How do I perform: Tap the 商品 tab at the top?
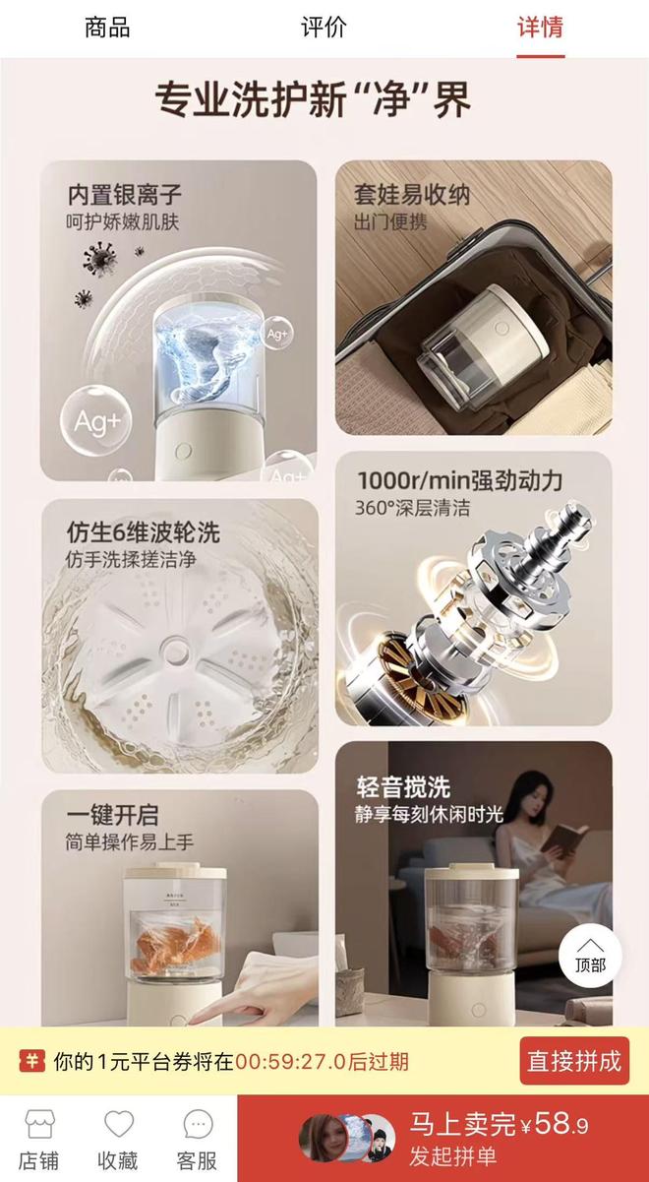pyautogui.click(x=107, y=28)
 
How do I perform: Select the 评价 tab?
pyautogui.click(x=324, y=28)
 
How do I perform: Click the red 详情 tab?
pyautogui.click(x=540, y=28)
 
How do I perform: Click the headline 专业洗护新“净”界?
pyautogui.click(x=314, y=99)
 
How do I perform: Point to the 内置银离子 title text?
pyautogui.click(x=124, y=194)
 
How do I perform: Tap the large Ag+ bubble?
pyautogui.click(x=95, y=421)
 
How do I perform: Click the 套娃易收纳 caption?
pyautogui.click(x=411, y=194)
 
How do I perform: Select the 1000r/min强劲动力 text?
pyautogui.click(x=459, y=480)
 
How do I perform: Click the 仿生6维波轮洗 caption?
pyautogui.click(x=142, y=532)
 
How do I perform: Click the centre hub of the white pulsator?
pyautogui.click(x=176, y=651)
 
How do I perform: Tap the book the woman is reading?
pyautogui.click(x=561, y=839)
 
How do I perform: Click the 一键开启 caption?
pyautogui.click(x=111, y=815)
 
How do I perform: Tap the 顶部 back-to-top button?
pyautogui.click(x=591, y=954)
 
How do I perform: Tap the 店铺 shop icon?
pyautogui.click(x=39, y=1125)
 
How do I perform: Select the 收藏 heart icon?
pyautogui.click(x=118, y=1125)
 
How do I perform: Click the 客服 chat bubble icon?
pyautogui.click(x=198, y=1125)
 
